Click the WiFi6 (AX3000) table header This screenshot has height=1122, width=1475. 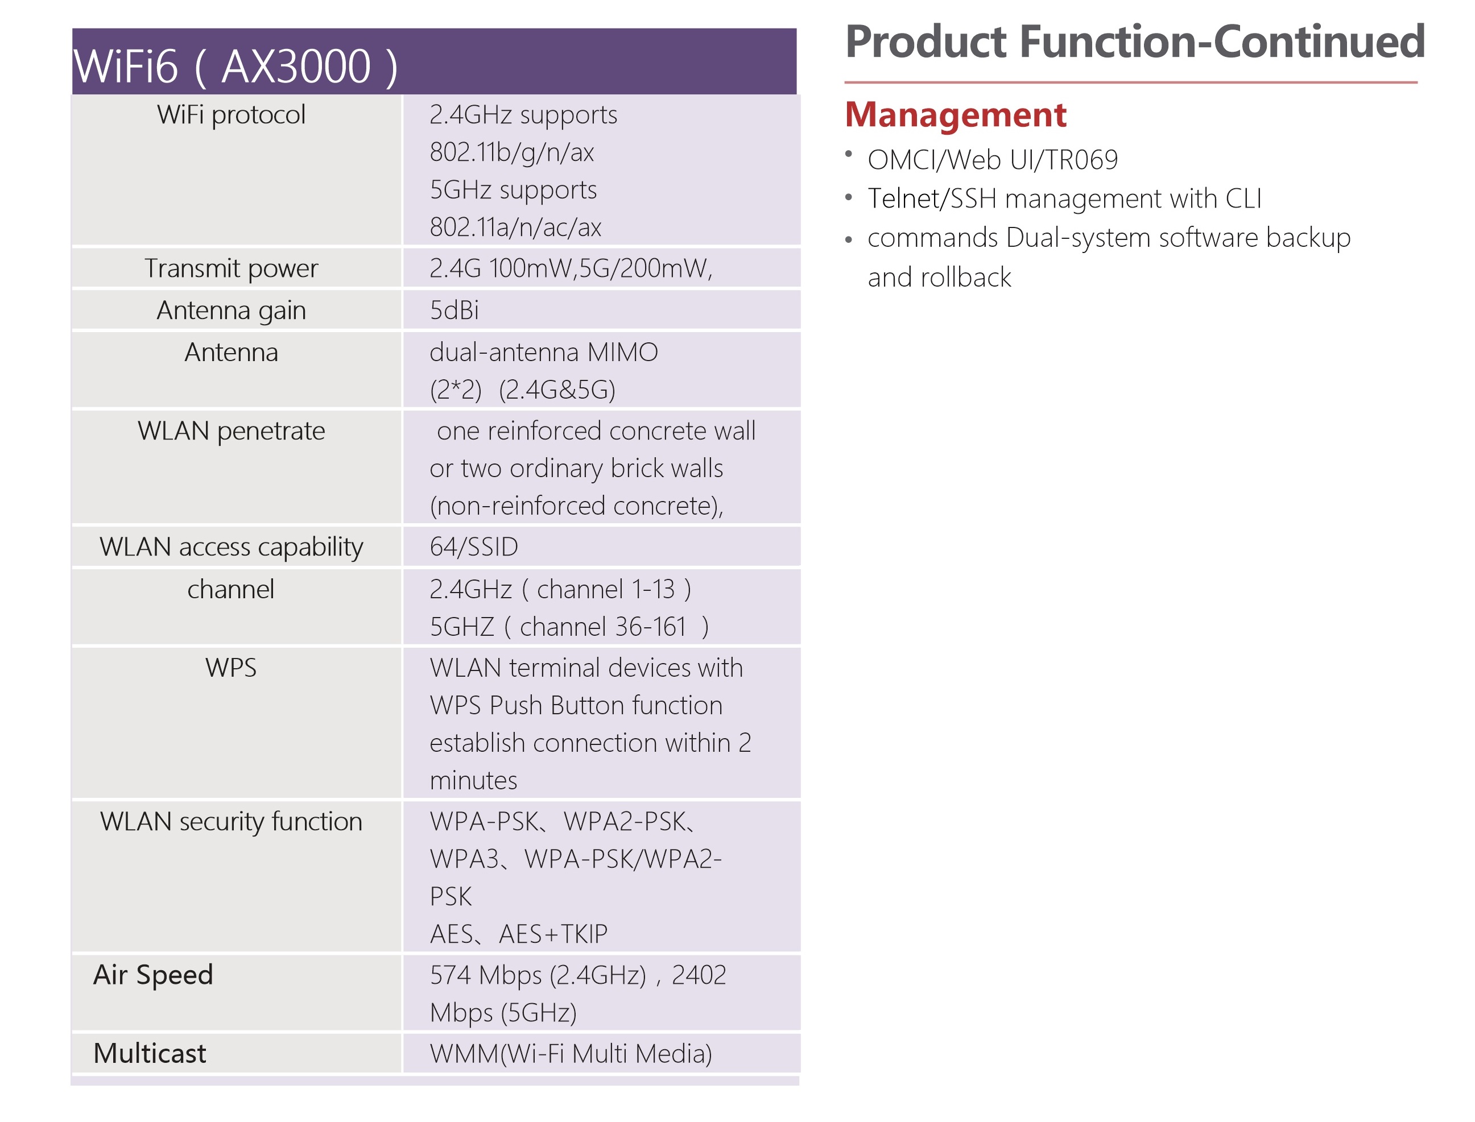coord(235,66)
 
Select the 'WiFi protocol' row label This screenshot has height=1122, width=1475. coord(231,115)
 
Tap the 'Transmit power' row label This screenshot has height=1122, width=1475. coord(231,268)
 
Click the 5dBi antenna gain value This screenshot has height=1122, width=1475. coord(455,310)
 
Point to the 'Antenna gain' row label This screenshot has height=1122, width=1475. coord(231,310)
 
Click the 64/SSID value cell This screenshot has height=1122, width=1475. coord(474,547)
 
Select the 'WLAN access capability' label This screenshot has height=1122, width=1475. coord(231,547)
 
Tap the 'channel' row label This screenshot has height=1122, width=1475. coord(231,589)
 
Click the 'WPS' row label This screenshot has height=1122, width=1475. coord(231,668)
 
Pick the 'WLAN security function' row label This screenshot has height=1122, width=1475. coord(231,822)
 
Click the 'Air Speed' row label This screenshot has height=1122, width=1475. coord(153,975)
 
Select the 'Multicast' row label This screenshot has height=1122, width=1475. coord(150,1053)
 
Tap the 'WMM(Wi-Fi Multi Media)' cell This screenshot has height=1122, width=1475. coord(571,1054)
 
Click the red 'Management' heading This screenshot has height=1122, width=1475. coord(956,115)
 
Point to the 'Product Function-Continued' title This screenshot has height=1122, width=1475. coord(1135,42)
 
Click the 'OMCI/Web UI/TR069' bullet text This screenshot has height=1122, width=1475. coord(993,160)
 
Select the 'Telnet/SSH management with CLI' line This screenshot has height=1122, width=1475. coord(1065,199)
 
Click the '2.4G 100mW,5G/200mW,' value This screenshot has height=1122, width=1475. coord(571,268)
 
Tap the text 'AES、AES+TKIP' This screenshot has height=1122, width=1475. coord(519,934)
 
